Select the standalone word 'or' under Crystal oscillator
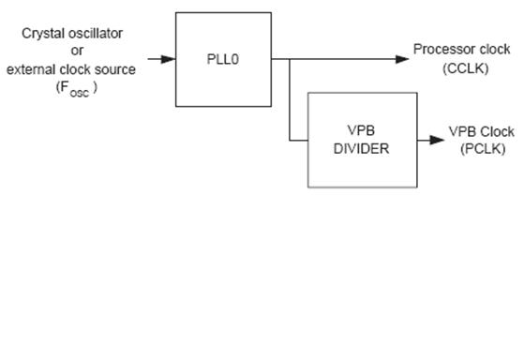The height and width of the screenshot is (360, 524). point(77,51)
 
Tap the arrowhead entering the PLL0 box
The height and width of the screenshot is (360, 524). point(169,59)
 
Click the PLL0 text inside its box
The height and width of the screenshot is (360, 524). point(223,59)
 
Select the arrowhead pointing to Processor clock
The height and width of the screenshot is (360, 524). point(402,59)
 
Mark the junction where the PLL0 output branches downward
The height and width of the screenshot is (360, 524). point(290,59)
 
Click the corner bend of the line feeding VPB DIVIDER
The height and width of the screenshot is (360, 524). point(290,141)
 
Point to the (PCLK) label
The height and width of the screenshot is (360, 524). point(483,149)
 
